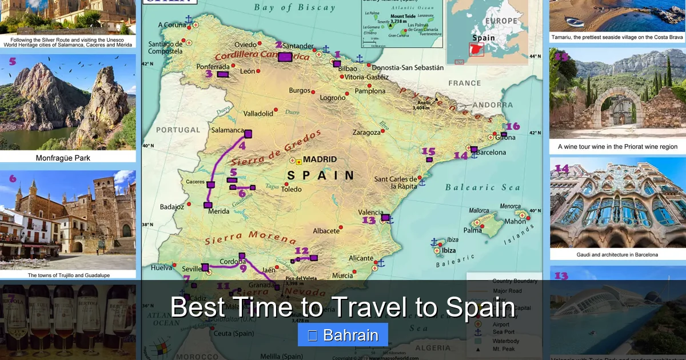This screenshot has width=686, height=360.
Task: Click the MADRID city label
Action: pos(320,159)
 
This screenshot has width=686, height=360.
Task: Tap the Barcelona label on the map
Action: pos(491,153)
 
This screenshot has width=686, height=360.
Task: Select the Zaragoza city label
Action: pos(366,133)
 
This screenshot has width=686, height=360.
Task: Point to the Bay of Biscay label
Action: pos(294,7)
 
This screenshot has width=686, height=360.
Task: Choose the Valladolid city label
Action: pos(258,114)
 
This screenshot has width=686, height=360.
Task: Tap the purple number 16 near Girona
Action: pos(513,126)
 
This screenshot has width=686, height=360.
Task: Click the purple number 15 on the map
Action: pos(428,151)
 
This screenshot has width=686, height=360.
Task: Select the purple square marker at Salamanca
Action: pos(248,134)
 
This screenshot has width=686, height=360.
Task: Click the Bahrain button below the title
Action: pos(343,335)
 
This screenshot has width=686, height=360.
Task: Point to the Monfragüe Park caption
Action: pos(63,158)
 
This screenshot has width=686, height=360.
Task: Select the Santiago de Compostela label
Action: pos(165,48)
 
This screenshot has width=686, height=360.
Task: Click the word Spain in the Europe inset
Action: pos(484,38)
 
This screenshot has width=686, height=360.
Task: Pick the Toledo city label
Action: pos(291,189)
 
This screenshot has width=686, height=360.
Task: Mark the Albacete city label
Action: pos(326,231)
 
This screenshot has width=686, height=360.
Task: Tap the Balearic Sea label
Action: pos(482,187)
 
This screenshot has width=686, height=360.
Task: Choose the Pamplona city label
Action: pos(370,91)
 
